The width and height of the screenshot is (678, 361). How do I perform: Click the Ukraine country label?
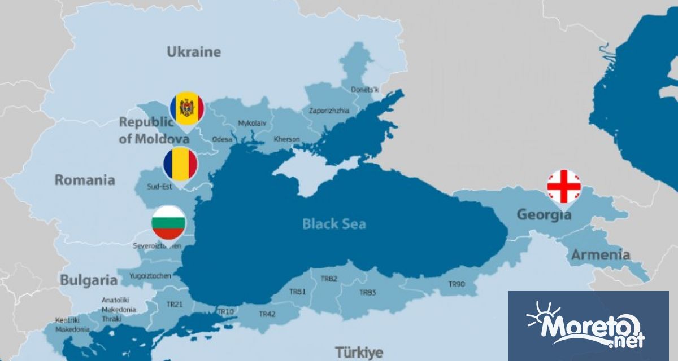194,52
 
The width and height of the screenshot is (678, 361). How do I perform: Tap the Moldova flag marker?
187,108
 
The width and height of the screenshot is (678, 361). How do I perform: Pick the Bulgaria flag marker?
168,223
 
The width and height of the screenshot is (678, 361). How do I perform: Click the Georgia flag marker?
563,187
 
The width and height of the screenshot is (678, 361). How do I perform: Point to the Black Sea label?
334,224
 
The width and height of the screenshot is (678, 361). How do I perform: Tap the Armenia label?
600,254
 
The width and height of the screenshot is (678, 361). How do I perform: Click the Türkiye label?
359,353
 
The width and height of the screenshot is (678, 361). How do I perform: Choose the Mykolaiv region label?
252,122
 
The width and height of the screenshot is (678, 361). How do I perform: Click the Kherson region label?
286,139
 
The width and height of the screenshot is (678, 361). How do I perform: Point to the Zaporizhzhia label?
329,111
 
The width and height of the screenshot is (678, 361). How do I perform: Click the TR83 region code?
367,292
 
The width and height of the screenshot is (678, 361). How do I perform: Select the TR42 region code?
267,314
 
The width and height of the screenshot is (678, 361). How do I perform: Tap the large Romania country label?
85,180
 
